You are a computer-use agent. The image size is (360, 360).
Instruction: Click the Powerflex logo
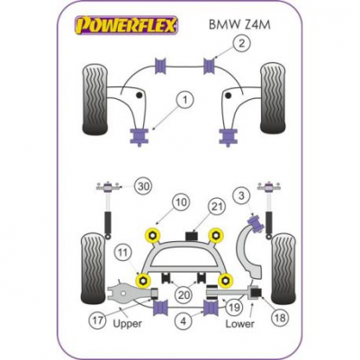click(x=126, y=24)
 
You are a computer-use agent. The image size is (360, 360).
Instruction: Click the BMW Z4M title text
click(x=239, y=25)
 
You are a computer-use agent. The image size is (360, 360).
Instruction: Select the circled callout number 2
click(x=241, y=44)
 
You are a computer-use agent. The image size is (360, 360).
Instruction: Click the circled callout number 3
click(x=242, y=196)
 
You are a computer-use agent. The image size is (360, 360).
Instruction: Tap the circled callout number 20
click(x=184, y=294)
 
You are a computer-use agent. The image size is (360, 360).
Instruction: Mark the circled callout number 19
click(x=235, y=307)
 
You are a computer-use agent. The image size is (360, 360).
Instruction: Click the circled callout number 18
click(x=280, y=318)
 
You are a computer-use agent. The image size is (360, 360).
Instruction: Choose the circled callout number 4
click(x=184, y=321)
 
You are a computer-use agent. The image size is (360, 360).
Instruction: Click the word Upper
click(x=128, y=324)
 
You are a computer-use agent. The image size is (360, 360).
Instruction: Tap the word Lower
click(x=239, y=324)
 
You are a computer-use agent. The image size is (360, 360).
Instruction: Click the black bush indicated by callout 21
click(x=191, y=235)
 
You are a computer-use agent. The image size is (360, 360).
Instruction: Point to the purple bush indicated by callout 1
click(x=139, y=137)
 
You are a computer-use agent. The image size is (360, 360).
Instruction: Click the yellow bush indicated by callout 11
click(x=144, y=280)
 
